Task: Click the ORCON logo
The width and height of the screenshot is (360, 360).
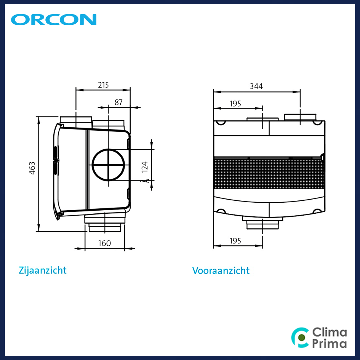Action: click(54, 19)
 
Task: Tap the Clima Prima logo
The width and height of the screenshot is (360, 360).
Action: click(319, 338)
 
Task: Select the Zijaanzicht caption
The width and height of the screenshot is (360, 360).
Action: click(42, 270)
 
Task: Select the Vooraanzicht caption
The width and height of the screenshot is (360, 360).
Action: click(221, 270)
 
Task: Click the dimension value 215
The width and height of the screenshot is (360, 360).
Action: click(103, 85)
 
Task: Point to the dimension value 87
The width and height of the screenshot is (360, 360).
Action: click(118, 102)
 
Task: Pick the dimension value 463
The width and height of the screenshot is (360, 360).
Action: click(32, 168)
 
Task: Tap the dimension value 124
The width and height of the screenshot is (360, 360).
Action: click(145, 167)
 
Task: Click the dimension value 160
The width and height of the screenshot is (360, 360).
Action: click(104, 243)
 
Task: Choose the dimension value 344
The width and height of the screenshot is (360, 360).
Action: click(256, 86)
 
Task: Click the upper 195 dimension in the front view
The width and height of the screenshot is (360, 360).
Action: click(235, 104)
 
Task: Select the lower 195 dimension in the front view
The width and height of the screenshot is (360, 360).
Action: click(235, 241)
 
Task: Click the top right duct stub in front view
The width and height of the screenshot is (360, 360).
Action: click(300, 117)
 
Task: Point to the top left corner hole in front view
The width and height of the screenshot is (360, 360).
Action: click(221, 123)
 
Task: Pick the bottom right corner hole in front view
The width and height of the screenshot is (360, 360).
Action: click(317, 211)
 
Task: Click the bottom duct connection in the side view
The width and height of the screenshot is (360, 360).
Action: click(105, 222)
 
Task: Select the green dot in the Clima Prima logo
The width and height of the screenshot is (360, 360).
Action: click(302, 338)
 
